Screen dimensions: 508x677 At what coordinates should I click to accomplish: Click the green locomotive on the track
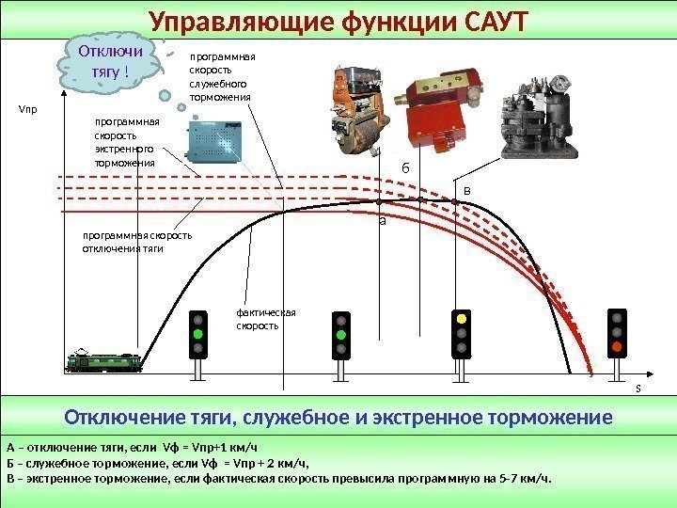(104, 361)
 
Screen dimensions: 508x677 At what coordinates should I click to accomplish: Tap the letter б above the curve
(406, 167)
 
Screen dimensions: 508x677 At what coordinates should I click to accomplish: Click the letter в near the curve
(468, 191)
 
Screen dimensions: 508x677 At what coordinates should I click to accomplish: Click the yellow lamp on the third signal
(461, 318)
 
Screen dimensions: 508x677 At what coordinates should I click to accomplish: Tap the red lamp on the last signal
(617, 347)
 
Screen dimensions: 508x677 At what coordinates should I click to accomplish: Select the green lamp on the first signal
(197, 333)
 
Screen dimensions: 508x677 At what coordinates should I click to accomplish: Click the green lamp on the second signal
(340, 333)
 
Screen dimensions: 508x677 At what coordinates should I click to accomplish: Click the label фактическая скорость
(266, 319)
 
